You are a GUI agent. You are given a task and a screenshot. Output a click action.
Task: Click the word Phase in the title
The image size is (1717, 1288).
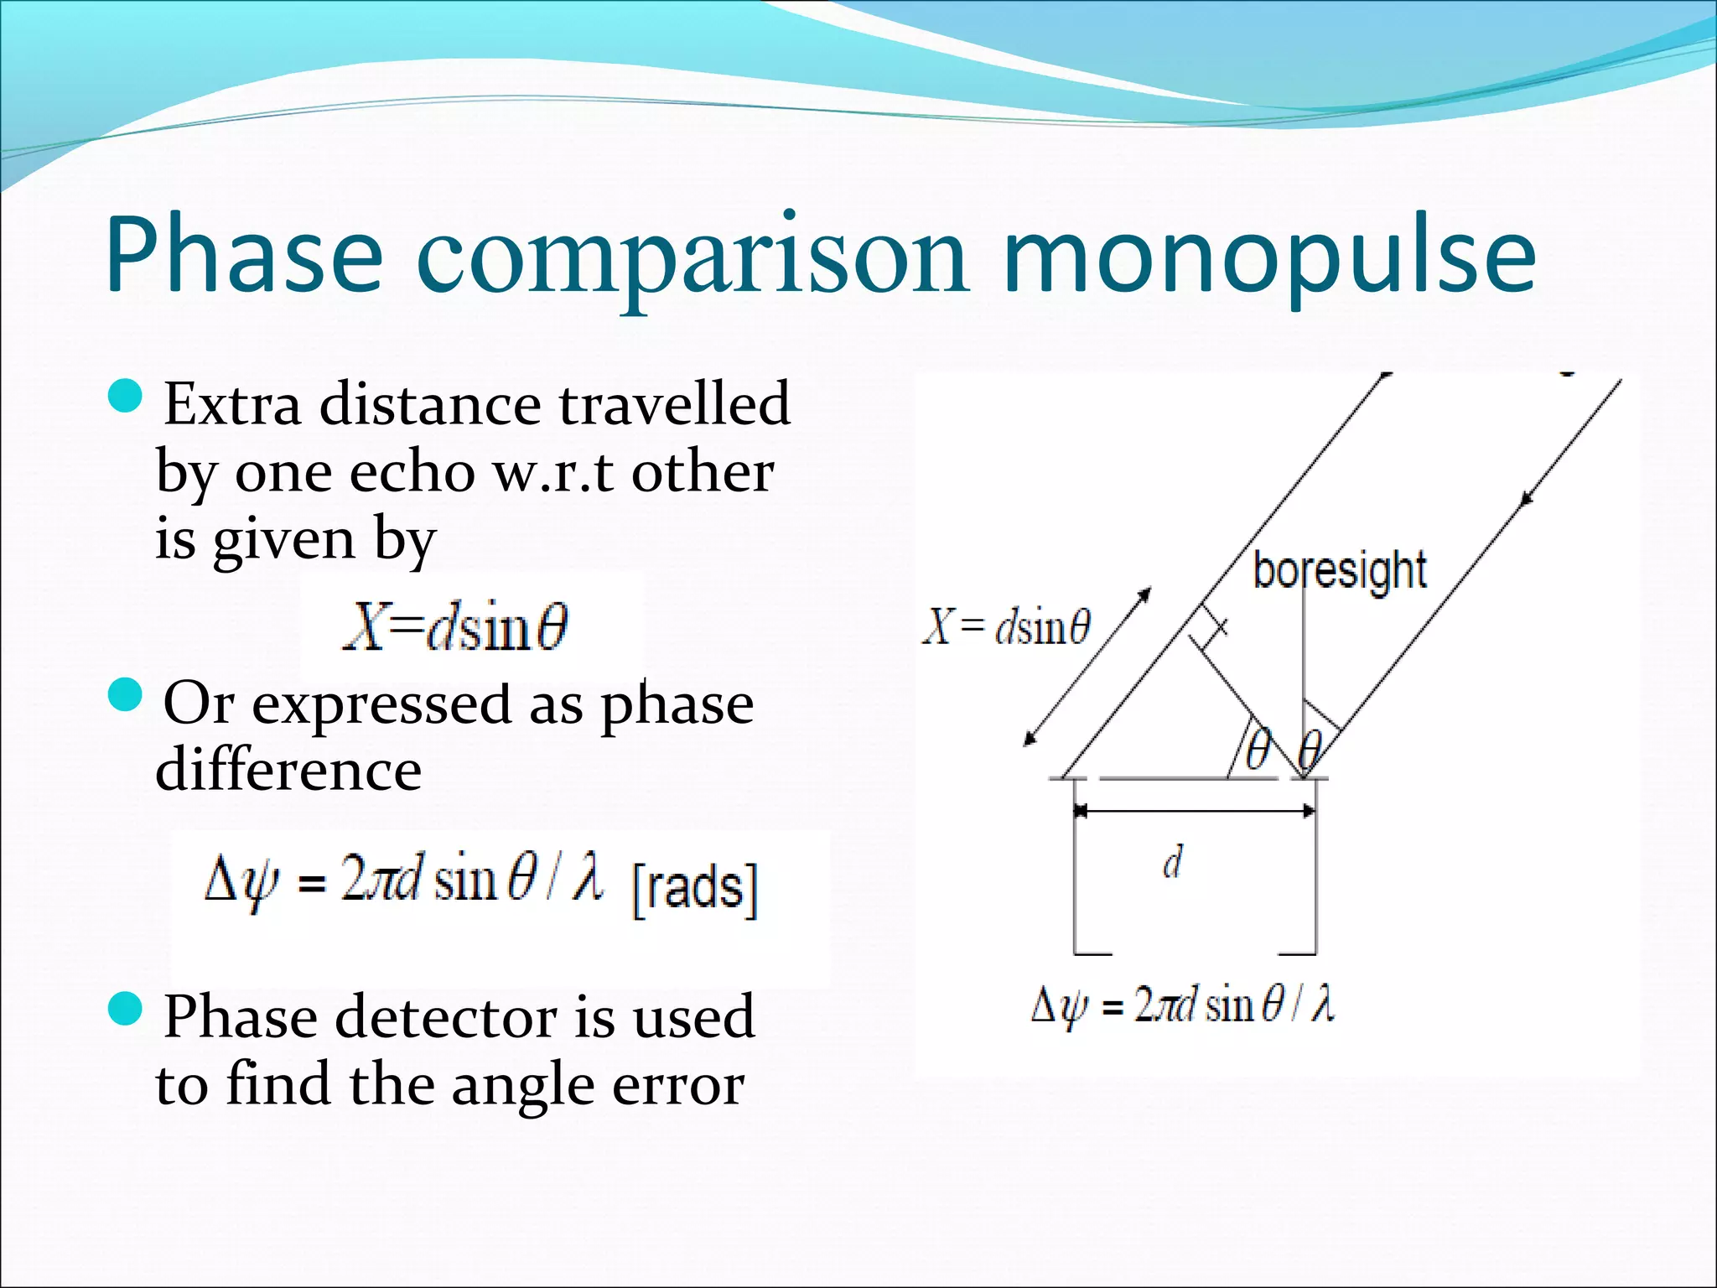[244, 256]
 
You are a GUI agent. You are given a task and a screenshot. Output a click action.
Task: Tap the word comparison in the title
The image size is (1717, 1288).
[693, 256]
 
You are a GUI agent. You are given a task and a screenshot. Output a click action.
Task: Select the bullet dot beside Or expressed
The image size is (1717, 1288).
[127, 695]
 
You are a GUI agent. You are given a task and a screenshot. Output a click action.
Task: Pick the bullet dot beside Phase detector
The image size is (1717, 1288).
[127, 1007]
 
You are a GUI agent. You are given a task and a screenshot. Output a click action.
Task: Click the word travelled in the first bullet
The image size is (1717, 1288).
[674, 404]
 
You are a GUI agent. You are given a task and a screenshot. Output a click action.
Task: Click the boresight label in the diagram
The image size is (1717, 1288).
[1339, 571]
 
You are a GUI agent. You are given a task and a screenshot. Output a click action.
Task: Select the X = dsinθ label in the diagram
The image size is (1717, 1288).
[1006, 626]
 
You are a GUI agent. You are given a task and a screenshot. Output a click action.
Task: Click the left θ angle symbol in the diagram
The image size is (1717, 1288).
[1258, 748]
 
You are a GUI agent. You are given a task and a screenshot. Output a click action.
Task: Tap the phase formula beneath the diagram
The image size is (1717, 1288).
[1182, 1005]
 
